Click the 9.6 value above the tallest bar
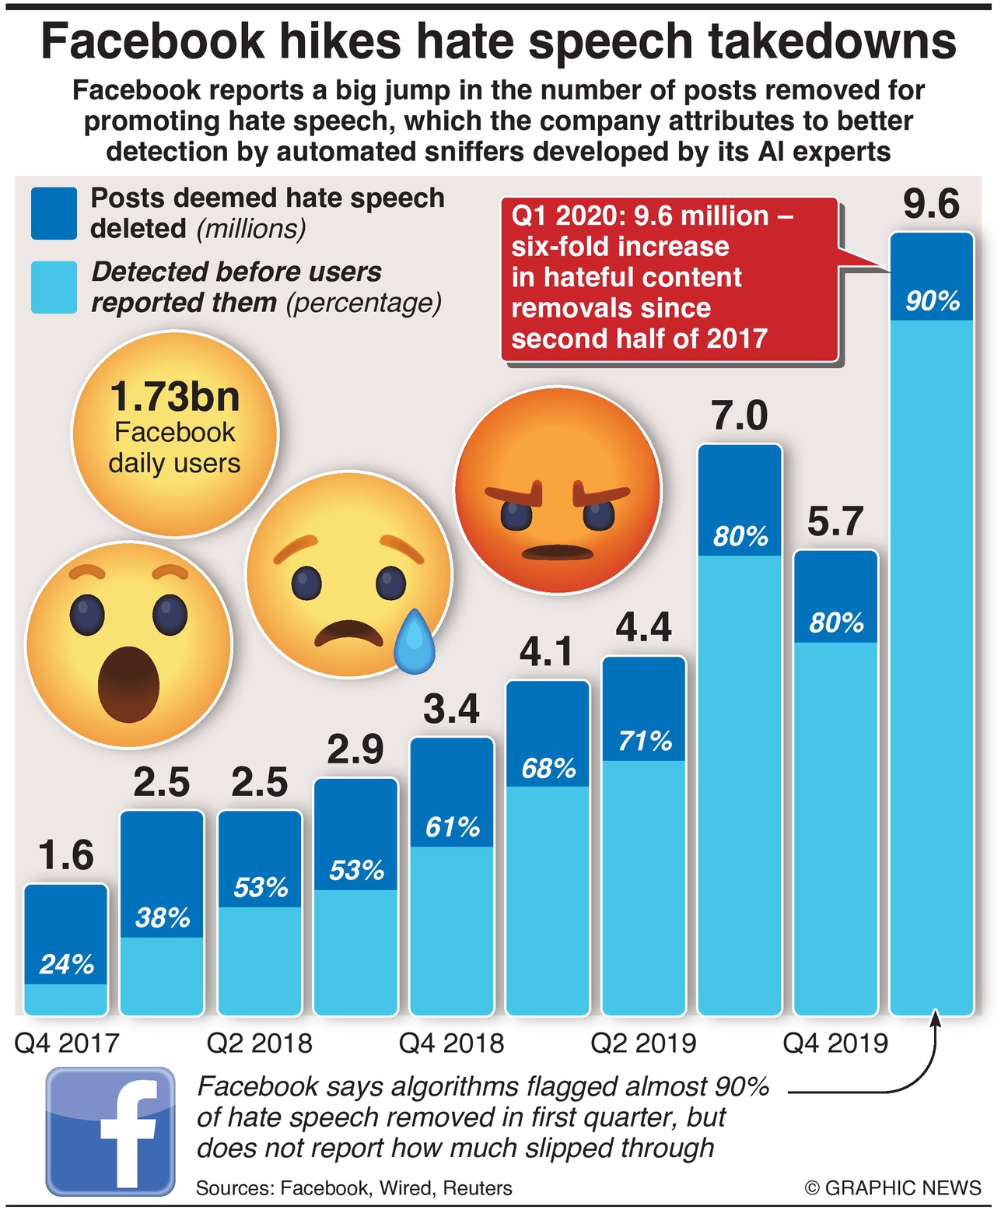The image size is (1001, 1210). tap(931, 205)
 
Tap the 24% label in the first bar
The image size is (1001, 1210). tap(66, 965)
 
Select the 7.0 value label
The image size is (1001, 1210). tap(740, 416)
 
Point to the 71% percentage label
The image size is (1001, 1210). tap(644, 741)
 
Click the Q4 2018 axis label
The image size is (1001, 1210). tap(451, 1043)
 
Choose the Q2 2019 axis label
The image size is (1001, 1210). tap(643, 1043)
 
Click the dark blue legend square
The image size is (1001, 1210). tap(54, 212)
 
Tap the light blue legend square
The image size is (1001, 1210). tap(54, 287)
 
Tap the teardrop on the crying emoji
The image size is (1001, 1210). tap(413, 643)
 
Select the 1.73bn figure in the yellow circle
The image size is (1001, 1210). tap(174, 397)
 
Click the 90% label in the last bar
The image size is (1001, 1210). tap(932, 301)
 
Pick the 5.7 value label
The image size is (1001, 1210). tap(835, 521)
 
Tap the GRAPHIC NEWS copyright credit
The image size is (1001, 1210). tap(893, 1188)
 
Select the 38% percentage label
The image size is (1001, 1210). tap(162, 918)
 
